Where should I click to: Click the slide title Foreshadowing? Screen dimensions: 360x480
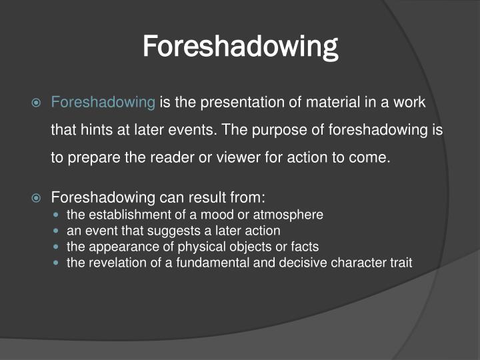point(240,47)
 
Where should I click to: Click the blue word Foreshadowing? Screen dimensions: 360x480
point(103,102)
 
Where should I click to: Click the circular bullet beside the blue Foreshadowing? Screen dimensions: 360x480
point(37,103)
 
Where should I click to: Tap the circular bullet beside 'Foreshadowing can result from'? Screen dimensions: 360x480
point(37,198)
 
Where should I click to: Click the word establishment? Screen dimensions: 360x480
point(125,215)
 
